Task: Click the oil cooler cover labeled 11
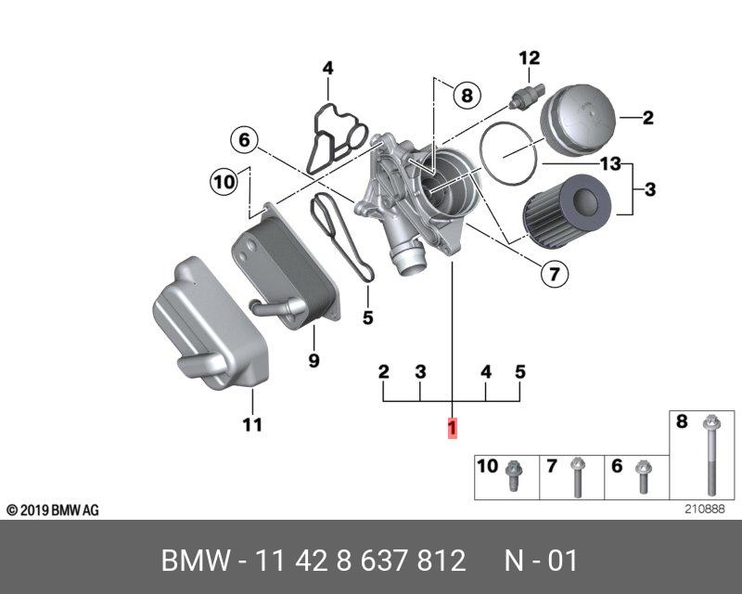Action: [x=210, y=325]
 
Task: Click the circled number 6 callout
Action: [x=244, y=140]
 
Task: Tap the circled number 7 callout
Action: [x=555, y=274]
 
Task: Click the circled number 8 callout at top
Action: [x=466, y=94]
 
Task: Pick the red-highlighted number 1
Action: [x=453, y=428]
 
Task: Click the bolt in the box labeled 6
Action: [x=641, y=477]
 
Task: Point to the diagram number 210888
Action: [x=703, y=509]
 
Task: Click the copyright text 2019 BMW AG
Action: [x=53, y=510]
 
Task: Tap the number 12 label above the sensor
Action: [x=529, y=58]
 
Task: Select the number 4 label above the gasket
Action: [x=327, y=68]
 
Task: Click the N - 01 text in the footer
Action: [x=541, y=561]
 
